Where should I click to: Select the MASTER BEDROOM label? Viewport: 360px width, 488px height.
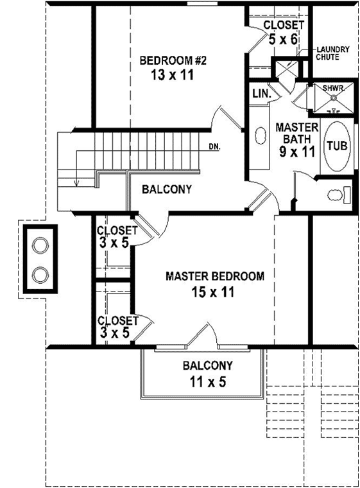(214, 277)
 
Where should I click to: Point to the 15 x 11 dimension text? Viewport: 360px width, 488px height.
(214, 292)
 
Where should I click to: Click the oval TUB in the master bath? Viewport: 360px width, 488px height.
(337, 146)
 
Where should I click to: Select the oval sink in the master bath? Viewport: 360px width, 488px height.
(261, 136)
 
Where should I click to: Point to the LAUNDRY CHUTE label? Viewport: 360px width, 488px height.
(332, 53)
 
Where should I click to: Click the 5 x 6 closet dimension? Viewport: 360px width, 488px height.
(284, 39)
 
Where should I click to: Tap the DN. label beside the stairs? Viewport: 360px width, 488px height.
(214, 146)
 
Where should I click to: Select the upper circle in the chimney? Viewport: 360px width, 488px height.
(40, 245)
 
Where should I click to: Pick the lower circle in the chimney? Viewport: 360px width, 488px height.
(40, 273)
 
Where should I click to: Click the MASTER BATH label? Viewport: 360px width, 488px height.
(293, 133)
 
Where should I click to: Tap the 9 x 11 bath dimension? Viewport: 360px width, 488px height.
(293, 153)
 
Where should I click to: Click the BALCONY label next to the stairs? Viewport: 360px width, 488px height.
(167, 189)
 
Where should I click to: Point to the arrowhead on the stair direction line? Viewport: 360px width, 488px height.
(76, 183)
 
